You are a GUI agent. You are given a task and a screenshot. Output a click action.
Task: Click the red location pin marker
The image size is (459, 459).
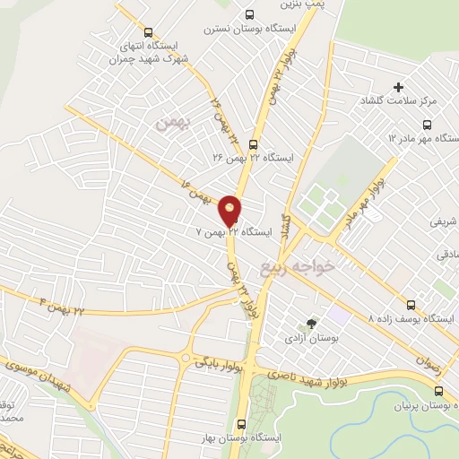click(x=230, y=210)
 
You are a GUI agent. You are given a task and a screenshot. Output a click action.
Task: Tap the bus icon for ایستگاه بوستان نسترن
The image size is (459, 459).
click(x=249, y=14)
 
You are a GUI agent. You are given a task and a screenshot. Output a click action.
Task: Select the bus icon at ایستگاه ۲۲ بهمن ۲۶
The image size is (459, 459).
click(x=253, y=143)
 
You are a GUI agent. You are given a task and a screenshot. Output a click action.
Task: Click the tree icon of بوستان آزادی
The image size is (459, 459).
click(x=311, y=325)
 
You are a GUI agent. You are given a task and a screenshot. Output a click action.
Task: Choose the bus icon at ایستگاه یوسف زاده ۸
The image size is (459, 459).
click(x=411, y=305)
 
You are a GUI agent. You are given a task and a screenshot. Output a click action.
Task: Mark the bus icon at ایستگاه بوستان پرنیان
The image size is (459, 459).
click(x=438, y=391)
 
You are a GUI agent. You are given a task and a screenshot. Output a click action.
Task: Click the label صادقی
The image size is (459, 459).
click(x=447, y=255)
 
